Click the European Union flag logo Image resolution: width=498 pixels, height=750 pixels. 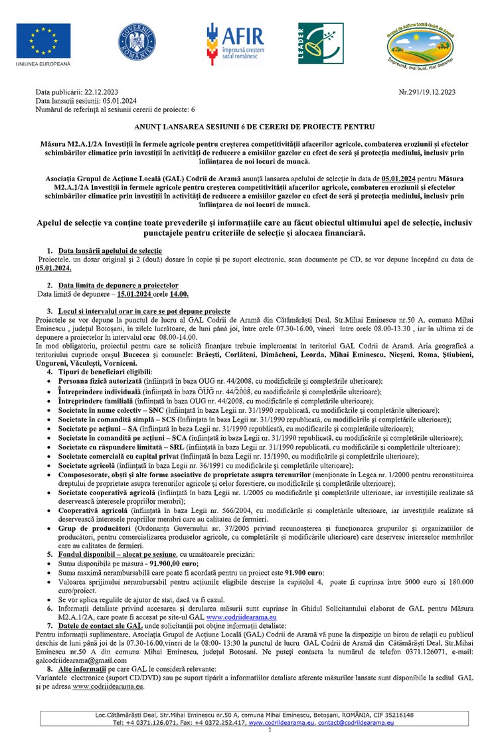point(44,41)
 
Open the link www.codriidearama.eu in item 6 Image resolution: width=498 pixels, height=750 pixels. point(241,617)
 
